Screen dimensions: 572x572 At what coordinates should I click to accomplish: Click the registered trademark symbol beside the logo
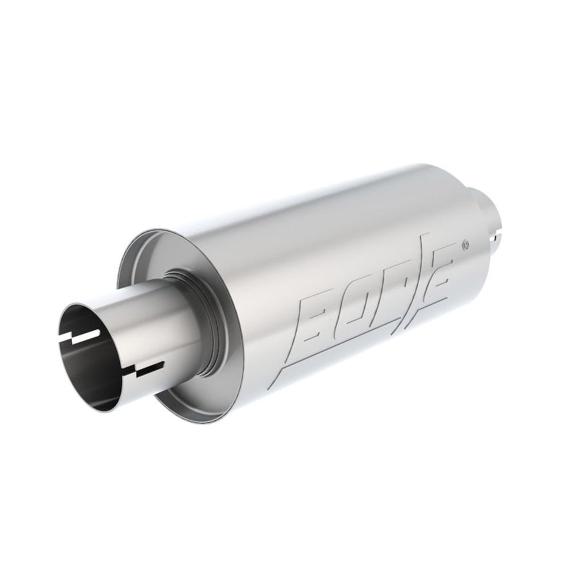[466, 243]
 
